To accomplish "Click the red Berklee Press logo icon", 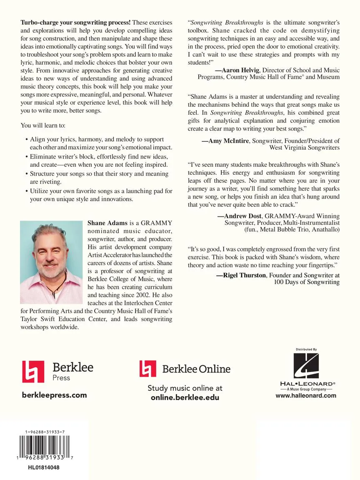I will (33, 372).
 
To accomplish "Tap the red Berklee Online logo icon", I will (148, 369).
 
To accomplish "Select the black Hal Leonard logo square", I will (306, 366).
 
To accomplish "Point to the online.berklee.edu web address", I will (185, 397).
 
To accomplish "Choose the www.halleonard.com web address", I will (306, 396).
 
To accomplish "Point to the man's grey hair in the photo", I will (50, 234).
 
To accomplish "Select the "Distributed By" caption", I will (306, 349).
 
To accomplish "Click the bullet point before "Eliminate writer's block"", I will (26, 157).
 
